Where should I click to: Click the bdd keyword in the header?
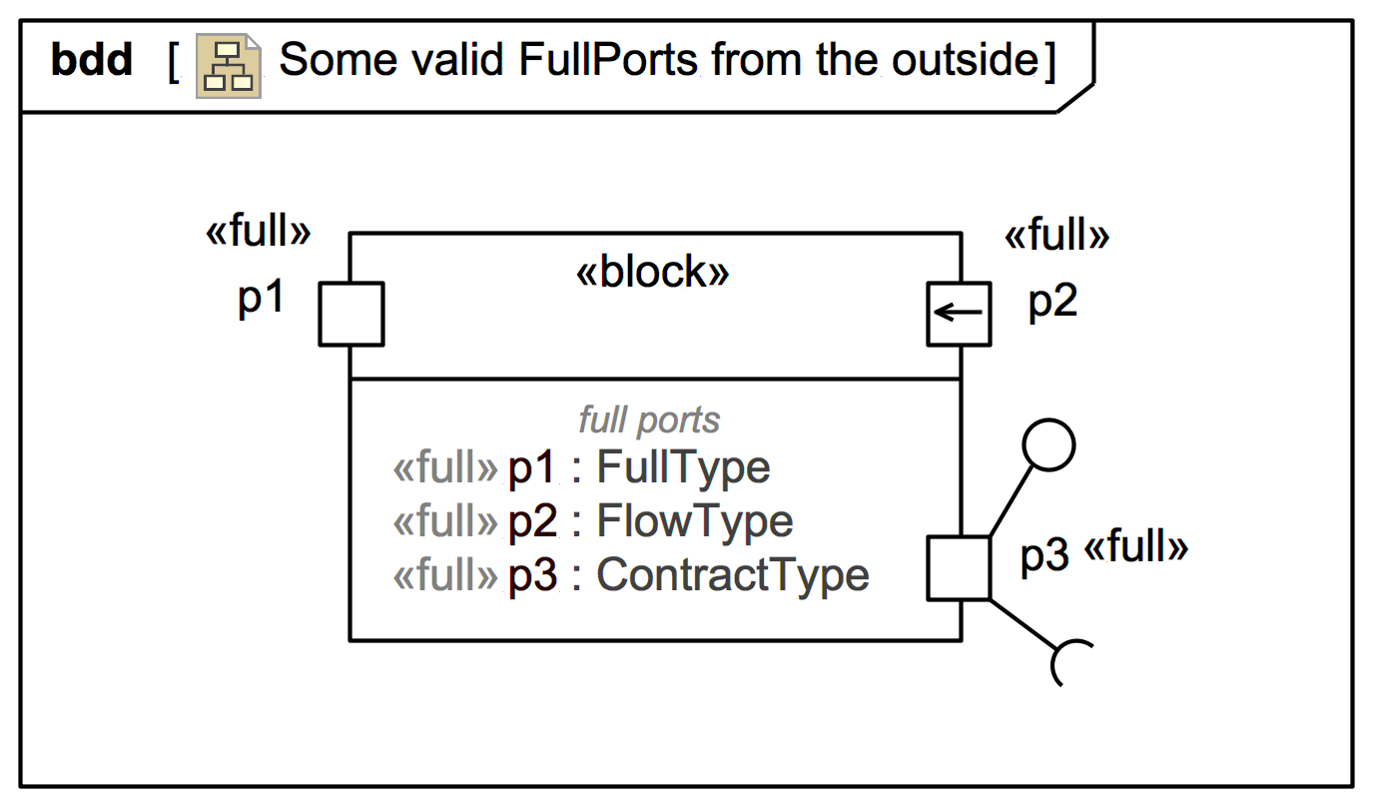(91, 62)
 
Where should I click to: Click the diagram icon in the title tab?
(229, 65)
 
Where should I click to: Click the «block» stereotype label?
(653, 273)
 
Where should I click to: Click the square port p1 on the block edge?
(350, 314)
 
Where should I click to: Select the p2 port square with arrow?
(959, 314)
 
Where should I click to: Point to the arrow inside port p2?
(958, 313)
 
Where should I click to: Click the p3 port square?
(959, 568)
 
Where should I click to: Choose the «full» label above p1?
(258, 233)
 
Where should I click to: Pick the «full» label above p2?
(1056, 237)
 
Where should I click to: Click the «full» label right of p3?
(1136, 547)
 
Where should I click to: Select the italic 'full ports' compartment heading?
(649, 420)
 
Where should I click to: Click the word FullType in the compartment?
(684, 468)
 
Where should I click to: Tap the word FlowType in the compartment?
(695, 521)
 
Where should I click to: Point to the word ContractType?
(733, 575)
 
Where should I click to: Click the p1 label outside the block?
(262, 299)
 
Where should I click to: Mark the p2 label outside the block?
(1053, 302)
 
